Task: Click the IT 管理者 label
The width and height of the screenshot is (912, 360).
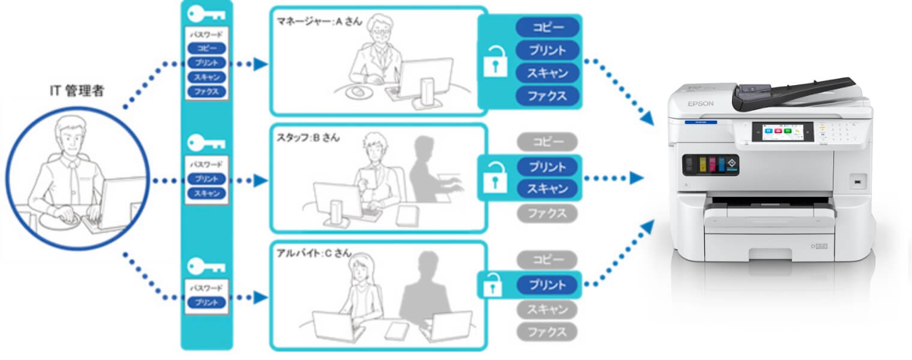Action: [76, 91]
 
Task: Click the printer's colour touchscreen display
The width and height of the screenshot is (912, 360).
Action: [782, 133]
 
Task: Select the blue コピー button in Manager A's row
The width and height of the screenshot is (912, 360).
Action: [547, 27]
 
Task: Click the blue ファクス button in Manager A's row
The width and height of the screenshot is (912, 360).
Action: [547, 95]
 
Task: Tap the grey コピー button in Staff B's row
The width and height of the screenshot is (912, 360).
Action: [547, 142]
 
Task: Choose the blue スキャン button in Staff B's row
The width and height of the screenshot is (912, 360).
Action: [547, 189]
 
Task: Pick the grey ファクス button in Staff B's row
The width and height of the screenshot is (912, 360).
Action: [547, 213]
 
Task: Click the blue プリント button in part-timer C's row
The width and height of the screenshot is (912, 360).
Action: [547, 284]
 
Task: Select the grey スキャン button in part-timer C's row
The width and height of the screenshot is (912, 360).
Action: [547, 310]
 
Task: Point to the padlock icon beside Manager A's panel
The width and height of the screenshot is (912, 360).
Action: [496, 62]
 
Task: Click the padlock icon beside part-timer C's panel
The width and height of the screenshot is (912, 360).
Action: [493, 284]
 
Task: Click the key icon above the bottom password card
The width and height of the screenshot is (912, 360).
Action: [206, 265]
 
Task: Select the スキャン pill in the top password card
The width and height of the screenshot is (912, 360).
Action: [206, 77]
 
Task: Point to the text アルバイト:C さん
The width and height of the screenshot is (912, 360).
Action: [313, 253]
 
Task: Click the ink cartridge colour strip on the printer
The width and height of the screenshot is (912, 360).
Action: [711, 163]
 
